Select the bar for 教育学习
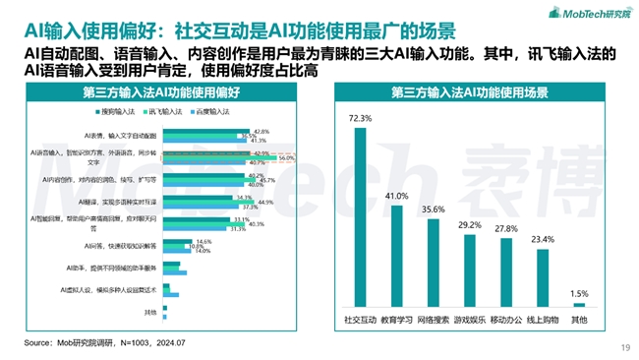click(396, 254)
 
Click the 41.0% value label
click(396, 197)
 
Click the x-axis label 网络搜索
click(434, 320)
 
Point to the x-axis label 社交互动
click(359, 320)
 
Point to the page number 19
click(624, 346)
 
